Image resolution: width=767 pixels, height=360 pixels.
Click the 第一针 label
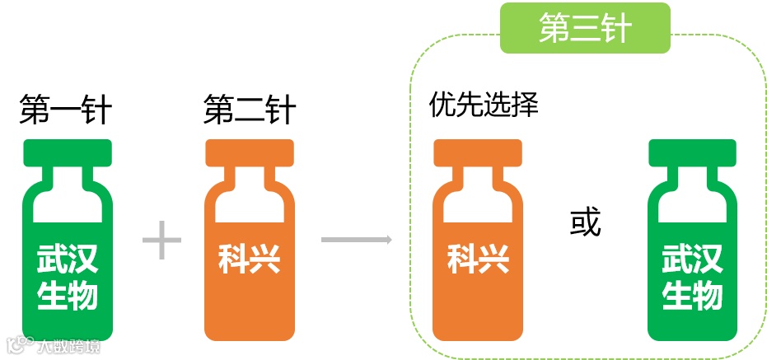pyautogui.click(x=66, y=110)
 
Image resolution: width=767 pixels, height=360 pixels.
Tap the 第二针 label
pyautogui.click(x=250, y=110)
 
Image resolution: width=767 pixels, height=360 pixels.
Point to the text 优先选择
pyautogui.click(x=484, y=105)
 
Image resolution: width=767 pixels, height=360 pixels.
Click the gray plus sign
pyautogui.click(x=161, y=241)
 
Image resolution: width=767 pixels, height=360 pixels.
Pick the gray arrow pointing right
pyautogui.click(x=355, y=241)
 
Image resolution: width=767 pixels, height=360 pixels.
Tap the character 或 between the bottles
pyautogui.click(x=586, y=222)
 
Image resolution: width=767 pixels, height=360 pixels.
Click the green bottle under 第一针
pyautogui.click(x=68, y=247)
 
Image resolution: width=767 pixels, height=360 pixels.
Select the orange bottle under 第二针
pyautogui.click(x=250, y=247)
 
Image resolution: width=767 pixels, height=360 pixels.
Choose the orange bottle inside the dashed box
pyautogui.click(x=478, y=247)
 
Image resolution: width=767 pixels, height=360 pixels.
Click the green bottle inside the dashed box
pyautogui.click(x=692, y=247)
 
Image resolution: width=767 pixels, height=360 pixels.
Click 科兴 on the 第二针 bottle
pyautogui.click(x=250, y=259)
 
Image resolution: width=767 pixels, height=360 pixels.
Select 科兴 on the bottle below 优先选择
pyautogui.click(x=478, y=259)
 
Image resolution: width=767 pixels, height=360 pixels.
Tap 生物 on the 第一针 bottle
pyautogui.click(x=68, y=295)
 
